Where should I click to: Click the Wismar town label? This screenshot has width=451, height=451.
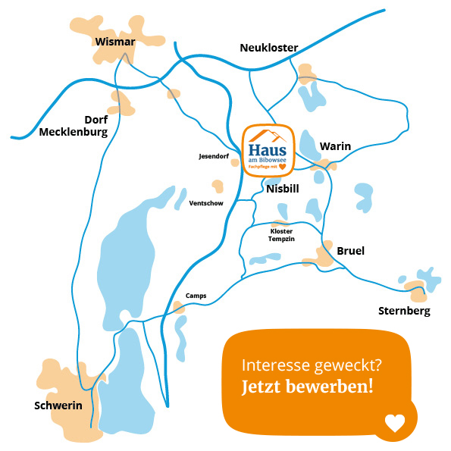tap(115, 42)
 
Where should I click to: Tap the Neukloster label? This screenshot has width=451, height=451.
tap(268, 48)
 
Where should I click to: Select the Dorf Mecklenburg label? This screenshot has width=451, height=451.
tap(74, 126)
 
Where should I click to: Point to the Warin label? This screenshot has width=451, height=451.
tap(335, 146)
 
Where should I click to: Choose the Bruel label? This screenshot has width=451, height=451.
tap(351, 250)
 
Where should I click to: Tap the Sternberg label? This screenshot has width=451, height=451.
tap(404, 311)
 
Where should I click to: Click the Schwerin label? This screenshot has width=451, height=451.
tap(58, 406)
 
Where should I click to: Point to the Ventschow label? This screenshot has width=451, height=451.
tap(205, 204)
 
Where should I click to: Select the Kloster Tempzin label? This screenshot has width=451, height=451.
tap(280, 234)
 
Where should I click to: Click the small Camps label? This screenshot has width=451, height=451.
tap(196, 296)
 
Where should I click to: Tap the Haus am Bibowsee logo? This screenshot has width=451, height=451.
tap(268, 149)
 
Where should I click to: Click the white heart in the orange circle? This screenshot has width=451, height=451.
tap(395, 423)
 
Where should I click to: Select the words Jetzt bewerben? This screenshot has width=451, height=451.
tap(307, 387)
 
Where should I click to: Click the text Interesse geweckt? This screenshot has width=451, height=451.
tap(312, 365)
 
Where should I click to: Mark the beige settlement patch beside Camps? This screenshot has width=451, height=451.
tap(178, 307)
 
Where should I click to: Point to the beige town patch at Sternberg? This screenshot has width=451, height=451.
tap(415, 287)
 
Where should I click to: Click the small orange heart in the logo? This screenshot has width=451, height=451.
tap(282, 166)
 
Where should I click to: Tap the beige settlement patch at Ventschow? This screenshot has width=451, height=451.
tap(218, 186)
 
